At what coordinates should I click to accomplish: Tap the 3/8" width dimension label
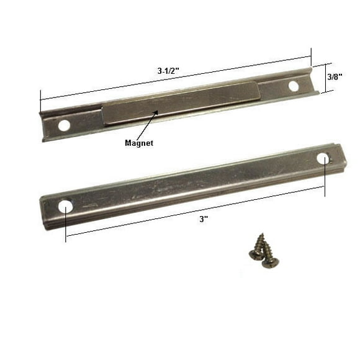pos(335,77)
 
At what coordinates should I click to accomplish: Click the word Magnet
pos(139,143)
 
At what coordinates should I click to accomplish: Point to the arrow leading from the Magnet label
pos(147,125)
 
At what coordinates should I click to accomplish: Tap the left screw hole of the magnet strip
pos(63,125)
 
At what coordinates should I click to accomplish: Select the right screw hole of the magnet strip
pos(294,85)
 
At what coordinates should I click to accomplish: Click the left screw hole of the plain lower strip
pos(66,205)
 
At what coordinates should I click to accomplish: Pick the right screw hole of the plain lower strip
pos(323,158)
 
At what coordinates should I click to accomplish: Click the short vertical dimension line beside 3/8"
pos(322,78)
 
